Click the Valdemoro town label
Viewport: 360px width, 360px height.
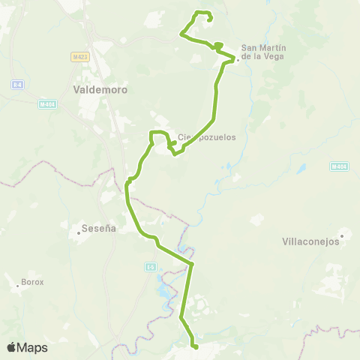tap(100, 89)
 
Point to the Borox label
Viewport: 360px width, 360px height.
tap(33, 282)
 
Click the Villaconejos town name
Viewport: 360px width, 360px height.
tap(311, 241)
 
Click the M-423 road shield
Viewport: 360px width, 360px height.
tap(80, 56)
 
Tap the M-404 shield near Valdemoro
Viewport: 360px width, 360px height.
tap(47, 104)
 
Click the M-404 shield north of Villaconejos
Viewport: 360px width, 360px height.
tap(339, 166)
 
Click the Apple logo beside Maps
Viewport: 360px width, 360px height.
tap(12, 347)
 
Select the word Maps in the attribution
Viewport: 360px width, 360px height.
tap(32, 347)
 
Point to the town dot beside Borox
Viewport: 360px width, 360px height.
tap(17, 286)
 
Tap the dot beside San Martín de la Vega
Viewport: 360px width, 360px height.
tap(237, 60)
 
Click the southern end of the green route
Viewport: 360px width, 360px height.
tap(195, 346)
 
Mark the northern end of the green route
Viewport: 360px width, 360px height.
tap(209, 19)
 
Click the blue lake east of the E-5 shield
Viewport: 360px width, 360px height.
tap(166, 288)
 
